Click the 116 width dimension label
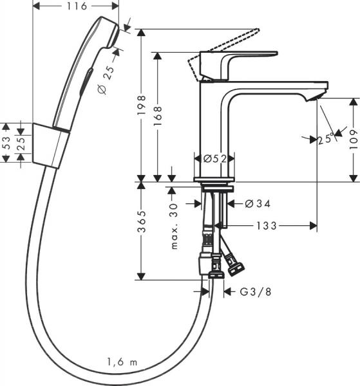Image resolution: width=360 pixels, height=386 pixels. [x=75, y=7]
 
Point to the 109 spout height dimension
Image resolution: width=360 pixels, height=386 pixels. [x=353, y=138]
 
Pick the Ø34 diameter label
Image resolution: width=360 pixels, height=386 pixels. [x=257, y=204]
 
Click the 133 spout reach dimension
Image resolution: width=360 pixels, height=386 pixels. [x=266, y=226]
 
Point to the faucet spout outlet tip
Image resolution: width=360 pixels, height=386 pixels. [x=316, y=95]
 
